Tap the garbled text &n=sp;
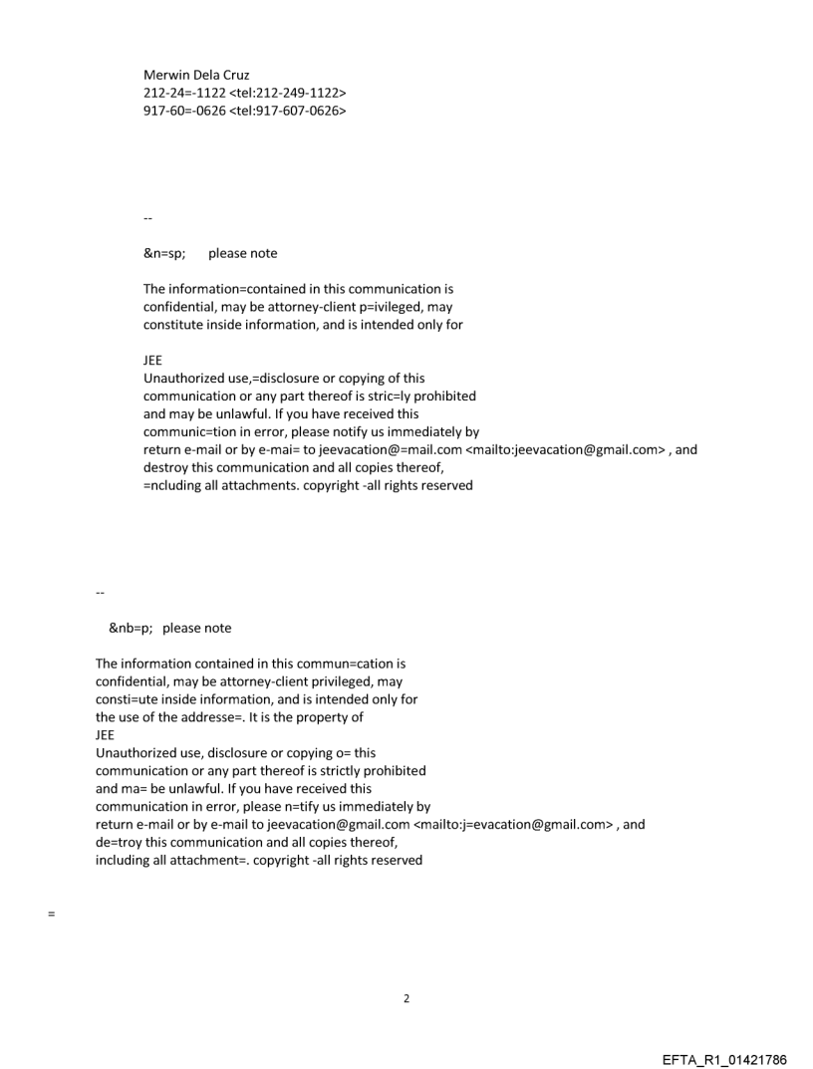(x=164, y=253)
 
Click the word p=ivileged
(x=396, y=307)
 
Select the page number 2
(x=406, y=998)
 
